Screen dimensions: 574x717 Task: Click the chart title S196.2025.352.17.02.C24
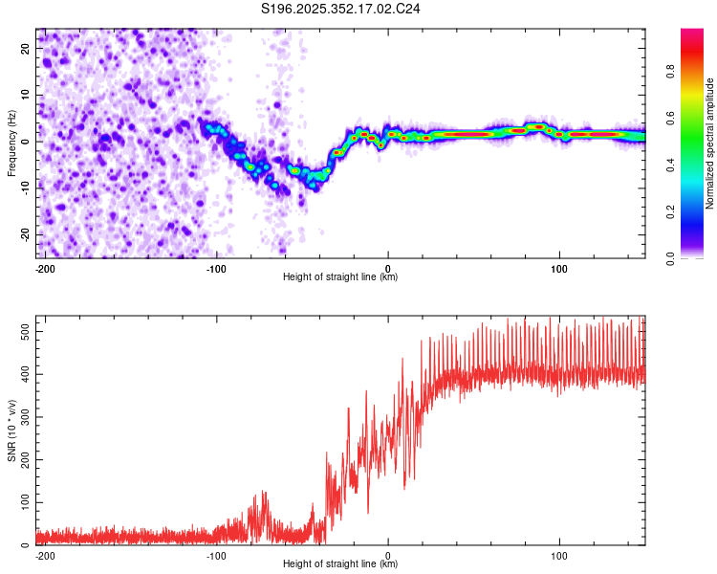pyautogui.click(x=341, y=9)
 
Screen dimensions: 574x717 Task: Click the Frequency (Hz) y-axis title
pyautogui.click(x=11, y=143)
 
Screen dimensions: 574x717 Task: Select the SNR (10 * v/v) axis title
pyautogui.click(x=11, y=430)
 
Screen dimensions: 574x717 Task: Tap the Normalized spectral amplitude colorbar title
pyautogui.click(x=709, y=143)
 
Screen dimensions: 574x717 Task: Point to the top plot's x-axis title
pyautogui.click(x=340, y=276)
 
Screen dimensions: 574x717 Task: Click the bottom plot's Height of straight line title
pyautogui.click(x=340, y=563)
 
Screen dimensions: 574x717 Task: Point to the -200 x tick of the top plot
pyautogui.click(x=44, y=267)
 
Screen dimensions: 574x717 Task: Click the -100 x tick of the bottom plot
pyautogui.click(x=216, y=554)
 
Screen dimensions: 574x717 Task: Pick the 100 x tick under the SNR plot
pyautogui.click(x=559, y=554)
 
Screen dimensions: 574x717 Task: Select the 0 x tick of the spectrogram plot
pyautogui.click(x=388, y=267)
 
